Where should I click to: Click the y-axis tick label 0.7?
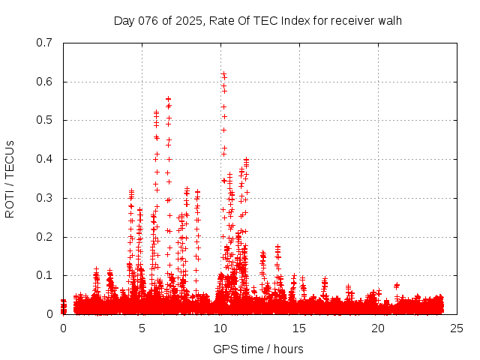click(x=44, y=43)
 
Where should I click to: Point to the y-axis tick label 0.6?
click(x=44, y=82)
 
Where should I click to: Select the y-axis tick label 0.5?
click(x=44, y=121)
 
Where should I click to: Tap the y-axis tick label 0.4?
click(x=44, y=160)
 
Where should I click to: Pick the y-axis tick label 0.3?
click(x=44, y=199)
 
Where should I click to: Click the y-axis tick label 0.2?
click(x=44, y=237)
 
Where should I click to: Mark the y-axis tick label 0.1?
click(x=44, y=276)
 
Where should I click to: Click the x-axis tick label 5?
click(x=142, y=328)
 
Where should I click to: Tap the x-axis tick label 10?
click(x=220, y=328)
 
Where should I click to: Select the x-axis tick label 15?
click(x=299, y=328)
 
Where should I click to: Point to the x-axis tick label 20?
click(x=378, y=328)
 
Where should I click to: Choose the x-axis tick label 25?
click(x=457, y=328)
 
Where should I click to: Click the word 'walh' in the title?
click(x=390, y=20)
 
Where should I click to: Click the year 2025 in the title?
click(x=190, y=20)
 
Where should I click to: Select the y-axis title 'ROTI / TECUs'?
click(x=10, y=179)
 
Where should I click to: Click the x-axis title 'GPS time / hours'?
click(x=258, y=349)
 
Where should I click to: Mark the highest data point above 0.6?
click(x=223, y=73)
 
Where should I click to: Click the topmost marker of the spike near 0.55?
click(x=168, y=98)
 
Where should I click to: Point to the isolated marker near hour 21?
click(x=396, y=285)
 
